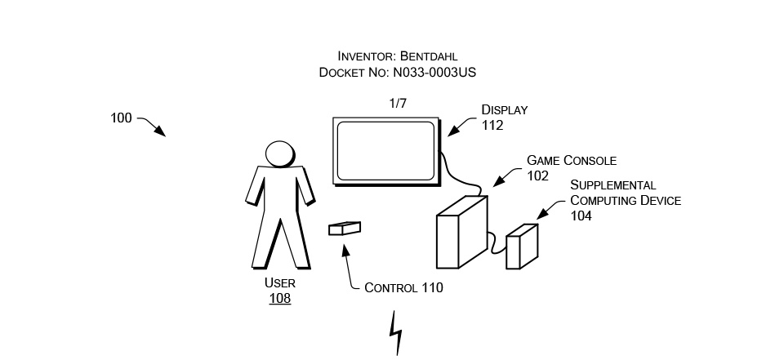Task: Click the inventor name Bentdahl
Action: coord(427,56)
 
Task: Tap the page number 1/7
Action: coord(398,104)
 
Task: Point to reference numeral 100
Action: coord(121,118)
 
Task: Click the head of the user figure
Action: coord(279,154)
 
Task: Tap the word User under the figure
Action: coord(280,283)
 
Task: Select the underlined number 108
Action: coord(280,299)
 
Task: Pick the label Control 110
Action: coord(403,287)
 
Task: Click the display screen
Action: coord(385,151)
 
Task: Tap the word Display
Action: coord(504,110)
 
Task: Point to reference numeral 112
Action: coord(492,126)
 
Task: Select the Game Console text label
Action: coord(572,160)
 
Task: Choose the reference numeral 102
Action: coord(538,176)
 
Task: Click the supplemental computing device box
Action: coord(522,246)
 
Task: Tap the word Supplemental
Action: coord(612,185)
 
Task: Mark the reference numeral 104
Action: coord(581,216)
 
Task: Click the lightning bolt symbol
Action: coord(397,332)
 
